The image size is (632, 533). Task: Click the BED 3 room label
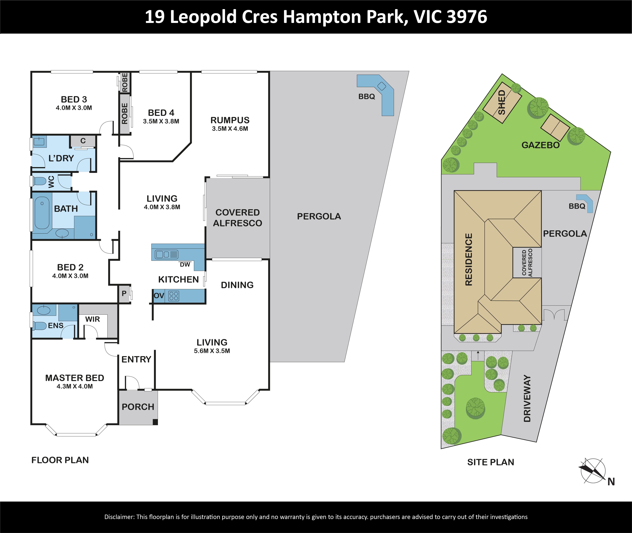point(74,99)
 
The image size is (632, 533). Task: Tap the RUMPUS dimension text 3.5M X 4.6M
point(230,129)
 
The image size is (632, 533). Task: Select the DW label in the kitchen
point(185,265)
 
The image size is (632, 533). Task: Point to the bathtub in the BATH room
point(42,215)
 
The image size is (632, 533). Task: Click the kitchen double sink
point(167,254)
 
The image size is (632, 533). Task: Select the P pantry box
point(124,294)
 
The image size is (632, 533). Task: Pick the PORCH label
point(138,407)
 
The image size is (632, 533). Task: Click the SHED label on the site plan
point(502,102)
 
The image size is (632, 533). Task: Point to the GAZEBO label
point(541,145)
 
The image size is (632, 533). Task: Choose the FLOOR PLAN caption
point(60,460)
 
